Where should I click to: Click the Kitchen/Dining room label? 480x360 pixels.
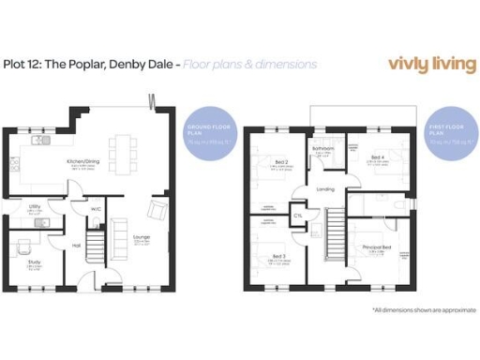[x=83, y=161]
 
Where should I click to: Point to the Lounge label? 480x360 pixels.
[x=142, y=237]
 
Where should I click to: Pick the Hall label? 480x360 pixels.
[x=76, y=246]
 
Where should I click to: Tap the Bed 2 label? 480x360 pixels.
[x=278, y=162]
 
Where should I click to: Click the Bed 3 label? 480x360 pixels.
[x=278, y=256]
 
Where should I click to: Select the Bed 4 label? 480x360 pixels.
[x=375, y=157]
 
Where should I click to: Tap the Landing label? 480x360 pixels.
[x=325, y=189]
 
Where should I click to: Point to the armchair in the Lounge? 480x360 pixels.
[x=157, y=209]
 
